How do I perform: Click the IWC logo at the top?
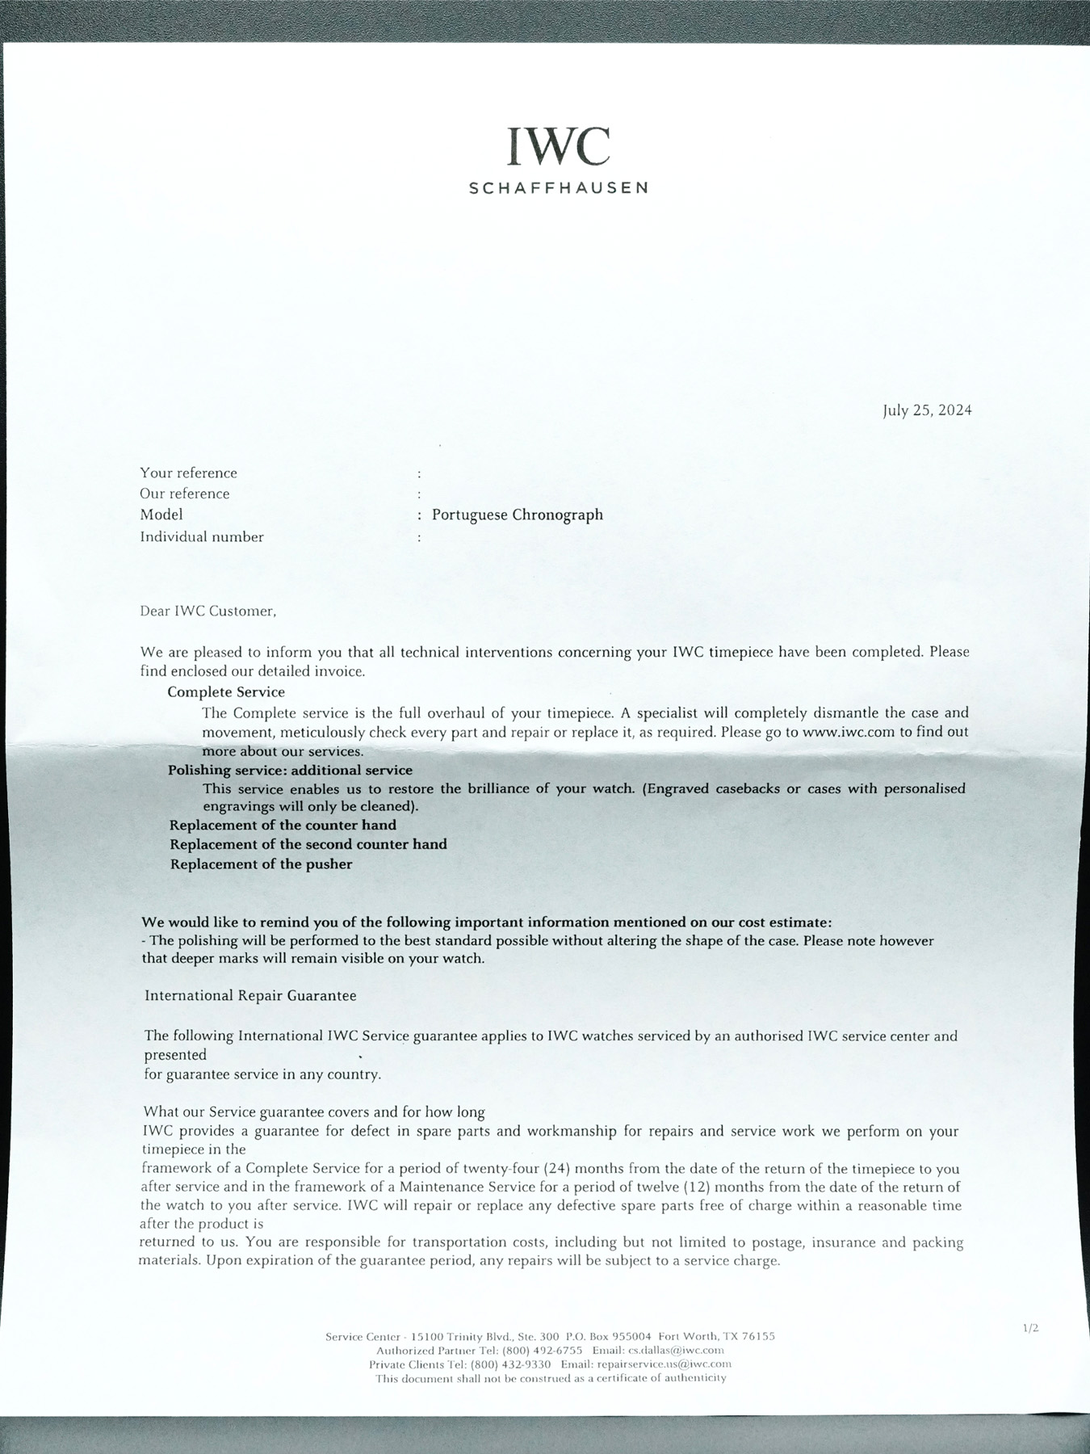point(558,146)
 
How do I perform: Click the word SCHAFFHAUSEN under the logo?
point(558,188)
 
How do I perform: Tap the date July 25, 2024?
point(927,410)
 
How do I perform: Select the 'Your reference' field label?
point(188,473)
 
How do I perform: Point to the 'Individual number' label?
point(202,537)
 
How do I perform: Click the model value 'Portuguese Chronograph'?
point(517,515)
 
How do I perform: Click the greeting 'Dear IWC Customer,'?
point(208,611)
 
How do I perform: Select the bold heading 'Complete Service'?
point(226,692)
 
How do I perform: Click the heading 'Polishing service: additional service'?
point(291,771)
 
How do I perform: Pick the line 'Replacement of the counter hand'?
point(283,826)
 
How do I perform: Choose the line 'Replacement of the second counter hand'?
point(308,845)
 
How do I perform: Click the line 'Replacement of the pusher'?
point(261,864)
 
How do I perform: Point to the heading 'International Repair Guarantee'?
point(250,996)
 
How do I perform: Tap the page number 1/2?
point(1030,1327)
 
